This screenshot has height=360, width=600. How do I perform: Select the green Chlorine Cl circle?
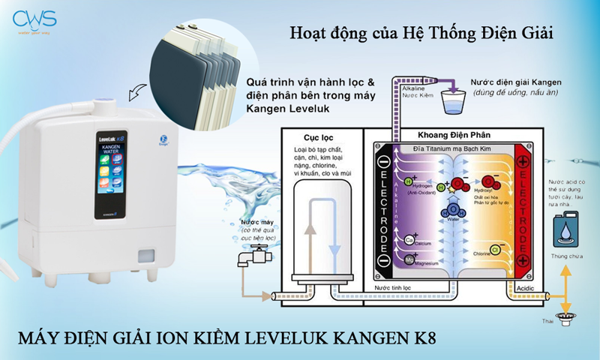click(495, 248)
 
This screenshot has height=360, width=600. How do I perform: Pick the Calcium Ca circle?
click(410, 240)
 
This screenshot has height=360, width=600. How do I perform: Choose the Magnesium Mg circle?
click(410, 259)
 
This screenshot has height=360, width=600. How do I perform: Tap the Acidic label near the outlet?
click(526, 288)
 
